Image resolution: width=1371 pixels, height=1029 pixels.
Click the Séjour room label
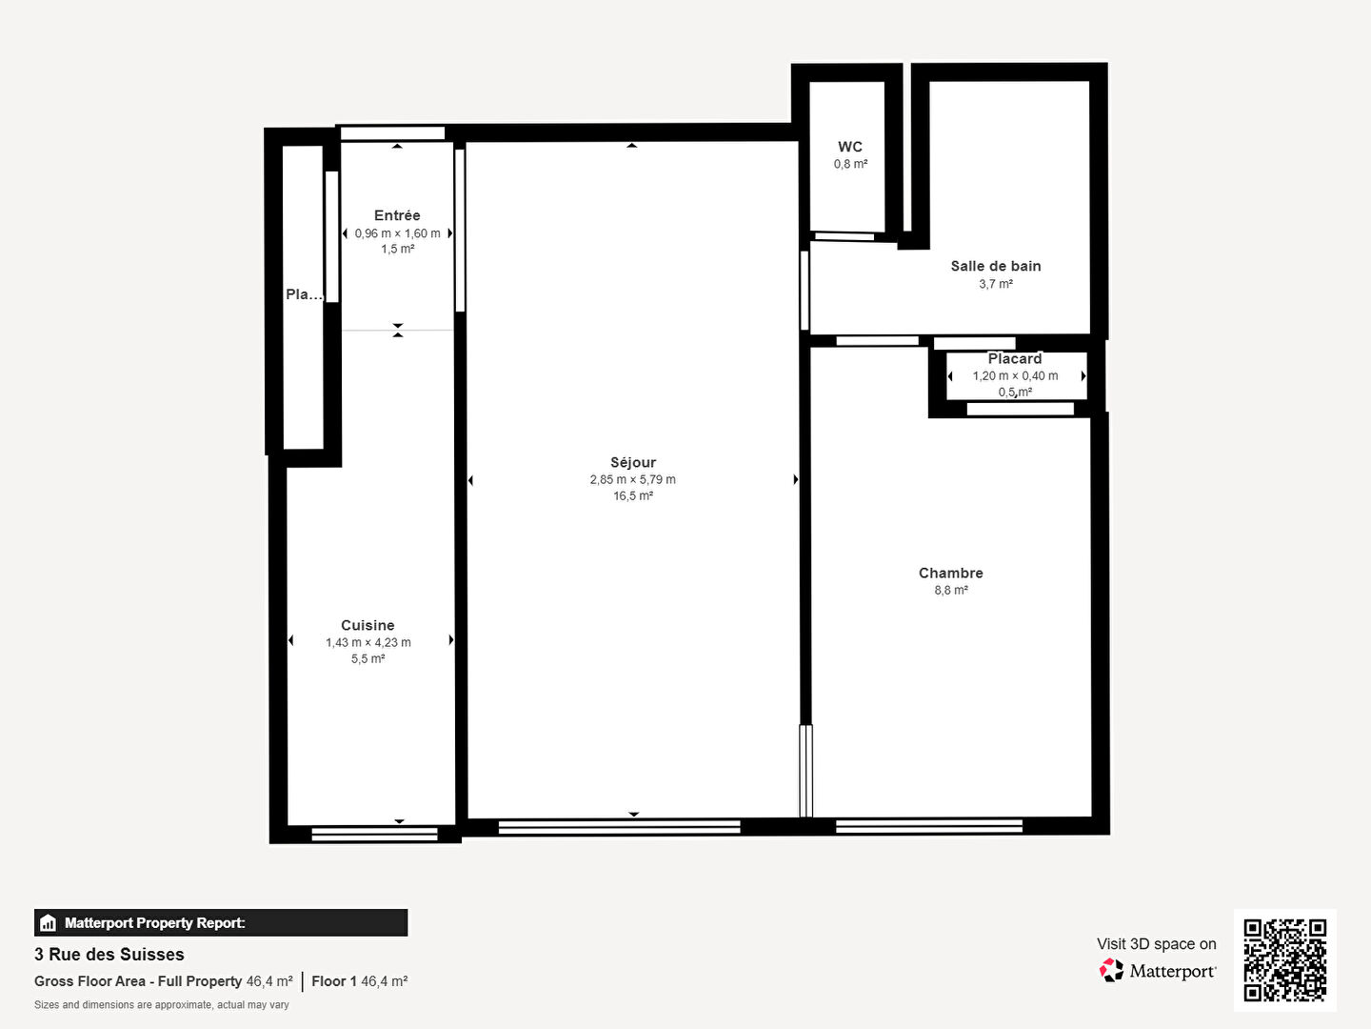(633, 462)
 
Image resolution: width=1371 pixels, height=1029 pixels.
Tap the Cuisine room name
(368, 625)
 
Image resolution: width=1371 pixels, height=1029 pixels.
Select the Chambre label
(950, 573)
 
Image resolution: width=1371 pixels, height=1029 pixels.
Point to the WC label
(850, 147)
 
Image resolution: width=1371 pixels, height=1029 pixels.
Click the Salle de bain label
(995, 266)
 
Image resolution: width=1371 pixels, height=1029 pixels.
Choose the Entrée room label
(397, 215)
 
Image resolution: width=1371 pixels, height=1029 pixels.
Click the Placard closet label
(1015, 359)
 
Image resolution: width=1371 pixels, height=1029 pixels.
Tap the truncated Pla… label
(304, 294)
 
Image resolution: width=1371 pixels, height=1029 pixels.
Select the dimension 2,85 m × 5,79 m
(633, 479)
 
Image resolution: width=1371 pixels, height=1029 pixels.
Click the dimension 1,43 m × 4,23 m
(368, 642)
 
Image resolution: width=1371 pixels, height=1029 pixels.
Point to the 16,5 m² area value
(633, 495)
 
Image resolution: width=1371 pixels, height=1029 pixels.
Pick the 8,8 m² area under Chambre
(950, 590)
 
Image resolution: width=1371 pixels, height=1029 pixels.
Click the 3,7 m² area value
(995, 284)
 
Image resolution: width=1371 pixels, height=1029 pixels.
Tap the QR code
(1284, 959)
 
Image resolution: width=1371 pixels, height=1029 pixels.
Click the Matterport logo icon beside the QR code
(1111, 970)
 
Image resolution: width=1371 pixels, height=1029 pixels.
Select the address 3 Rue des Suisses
(109, 954)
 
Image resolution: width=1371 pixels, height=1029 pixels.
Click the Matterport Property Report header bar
(221, 922)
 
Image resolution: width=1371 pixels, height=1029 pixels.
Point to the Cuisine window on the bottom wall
(374, 835)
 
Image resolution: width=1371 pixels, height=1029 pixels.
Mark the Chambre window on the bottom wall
(929, 826)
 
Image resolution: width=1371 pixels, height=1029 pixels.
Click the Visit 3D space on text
(1156, 943)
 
